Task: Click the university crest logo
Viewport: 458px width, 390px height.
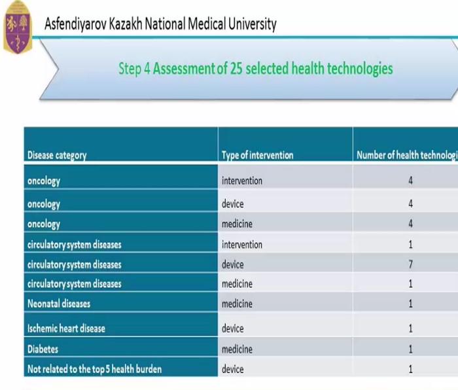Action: [x=17, y=27]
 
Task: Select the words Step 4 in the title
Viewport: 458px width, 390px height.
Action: [x=134, y=68]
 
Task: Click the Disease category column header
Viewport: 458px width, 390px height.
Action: [x=57, y=156]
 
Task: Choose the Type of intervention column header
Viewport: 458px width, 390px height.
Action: [x=257, y=156]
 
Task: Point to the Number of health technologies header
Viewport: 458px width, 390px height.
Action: [x=406, y=156]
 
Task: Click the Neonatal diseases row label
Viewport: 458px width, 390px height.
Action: [x=59, y=304]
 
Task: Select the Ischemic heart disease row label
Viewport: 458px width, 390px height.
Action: [x=66, y=328]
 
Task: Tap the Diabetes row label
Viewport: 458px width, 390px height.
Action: [x=43, y=349]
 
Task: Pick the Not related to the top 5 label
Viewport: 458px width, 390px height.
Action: [x=94, y=369]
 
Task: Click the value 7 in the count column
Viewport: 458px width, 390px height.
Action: [x=410, y=264]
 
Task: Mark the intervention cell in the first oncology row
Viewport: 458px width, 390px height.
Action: [x=242, y=181]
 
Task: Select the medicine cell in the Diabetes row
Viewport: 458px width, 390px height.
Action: [x=237, y=349]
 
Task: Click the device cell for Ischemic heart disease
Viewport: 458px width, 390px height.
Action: [x=232, y=328]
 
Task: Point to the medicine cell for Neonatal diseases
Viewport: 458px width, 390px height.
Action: [x=237, y=304]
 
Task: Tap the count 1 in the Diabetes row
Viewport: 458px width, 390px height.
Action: [x=410, y=349]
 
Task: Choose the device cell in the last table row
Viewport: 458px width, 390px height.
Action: [x=232, y=369]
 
